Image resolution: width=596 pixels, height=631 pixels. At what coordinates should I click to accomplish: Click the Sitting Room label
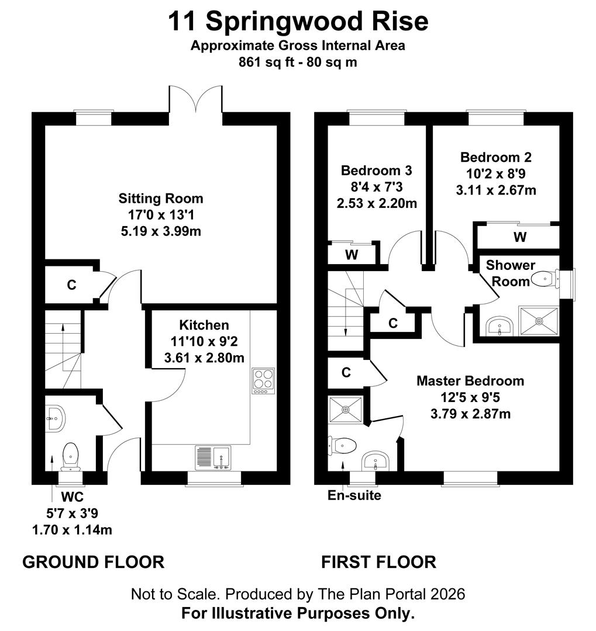161,198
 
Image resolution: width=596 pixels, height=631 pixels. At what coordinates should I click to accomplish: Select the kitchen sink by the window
213,457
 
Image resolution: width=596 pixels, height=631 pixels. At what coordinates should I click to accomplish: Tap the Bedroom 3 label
377,171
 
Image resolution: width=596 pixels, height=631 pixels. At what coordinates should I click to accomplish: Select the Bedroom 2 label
496,157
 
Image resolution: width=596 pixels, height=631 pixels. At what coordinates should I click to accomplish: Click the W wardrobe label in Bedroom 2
519,237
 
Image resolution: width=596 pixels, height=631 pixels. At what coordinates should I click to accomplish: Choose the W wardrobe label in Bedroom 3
352,255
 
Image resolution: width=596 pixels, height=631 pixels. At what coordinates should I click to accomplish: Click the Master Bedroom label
470,381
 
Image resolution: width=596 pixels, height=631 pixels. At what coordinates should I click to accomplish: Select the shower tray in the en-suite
346,410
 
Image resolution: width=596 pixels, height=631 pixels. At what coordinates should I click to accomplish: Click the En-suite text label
354,495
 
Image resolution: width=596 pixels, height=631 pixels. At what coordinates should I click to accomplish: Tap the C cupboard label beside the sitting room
71,285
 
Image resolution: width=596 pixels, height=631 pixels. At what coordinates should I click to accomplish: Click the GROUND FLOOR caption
93,562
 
